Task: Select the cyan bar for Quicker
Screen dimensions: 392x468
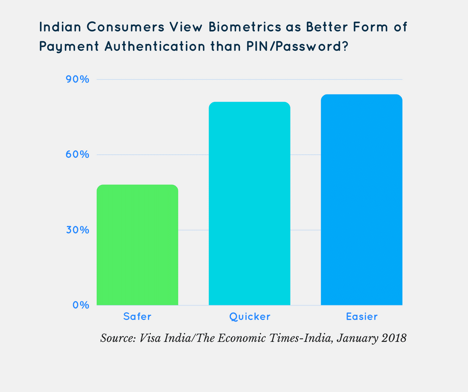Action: pos(249,203)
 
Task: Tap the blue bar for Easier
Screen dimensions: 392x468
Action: pos(361,199)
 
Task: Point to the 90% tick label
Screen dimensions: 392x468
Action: pos(78,80)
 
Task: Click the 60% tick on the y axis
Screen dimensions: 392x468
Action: pos(78,155)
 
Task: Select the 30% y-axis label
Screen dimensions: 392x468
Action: pos(78,230)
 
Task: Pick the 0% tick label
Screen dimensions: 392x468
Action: pos(81,305)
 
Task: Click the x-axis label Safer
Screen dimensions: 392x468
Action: pos(137,316)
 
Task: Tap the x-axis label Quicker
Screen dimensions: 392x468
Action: pos(249,316)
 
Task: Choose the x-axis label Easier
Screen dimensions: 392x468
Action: pos(361,316)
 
